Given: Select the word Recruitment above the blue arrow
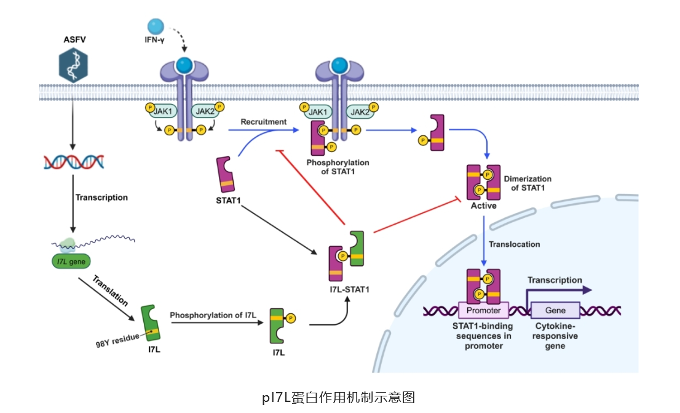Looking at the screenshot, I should click(263, 122).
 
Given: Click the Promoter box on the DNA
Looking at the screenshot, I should click(483, 310).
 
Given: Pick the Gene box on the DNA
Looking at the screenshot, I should click(555, 310).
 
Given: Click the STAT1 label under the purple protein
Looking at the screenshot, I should click(228, 200).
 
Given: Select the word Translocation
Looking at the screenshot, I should click(514, 244).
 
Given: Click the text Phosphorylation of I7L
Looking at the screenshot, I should click(213, 315).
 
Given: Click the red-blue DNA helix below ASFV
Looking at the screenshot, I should click(73, 161).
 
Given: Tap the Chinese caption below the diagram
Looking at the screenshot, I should click(339, 397).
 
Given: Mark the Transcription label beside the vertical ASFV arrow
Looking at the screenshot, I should click(101, 198).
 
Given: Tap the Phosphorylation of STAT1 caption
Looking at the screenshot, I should click(337, 167).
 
